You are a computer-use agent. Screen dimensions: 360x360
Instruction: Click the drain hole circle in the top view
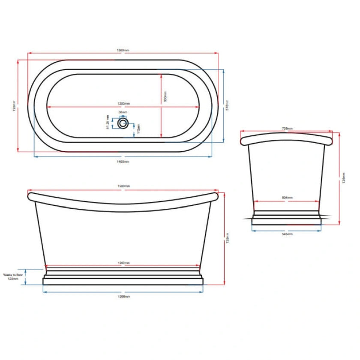[x=123, y=123]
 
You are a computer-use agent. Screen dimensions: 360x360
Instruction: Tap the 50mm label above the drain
[x=123, y=112]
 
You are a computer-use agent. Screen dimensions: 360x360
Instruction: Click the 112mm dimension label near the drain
[x=138, y=126]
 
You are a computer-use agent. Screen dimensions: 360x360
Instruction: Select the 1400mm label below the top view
[x=123, y=161]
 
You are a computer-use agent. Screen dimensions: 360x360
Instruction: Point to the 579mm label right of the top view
[x=228, y=105]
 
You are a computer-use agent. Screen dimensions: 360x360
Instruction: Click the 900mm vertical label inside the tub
[x=165, y=97]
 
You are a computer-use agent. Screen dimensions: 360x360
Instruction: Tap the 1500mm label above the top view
[x=123, y=50]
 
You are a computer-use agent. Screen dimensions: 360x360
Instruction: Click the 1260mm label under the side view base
[x=123, y=296]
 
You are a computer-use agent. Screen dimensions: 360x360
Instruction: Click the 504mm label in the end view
[x=287, y=198]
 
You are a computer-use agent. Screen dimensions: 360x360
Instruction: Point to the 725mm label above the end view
[x=287, y=128]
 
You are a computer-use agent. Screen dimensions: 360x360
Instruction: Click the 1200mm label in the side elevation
[x=123, y=263]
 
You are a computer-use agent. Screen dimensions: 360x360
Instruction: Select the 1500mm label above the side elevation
[x=123, y=186]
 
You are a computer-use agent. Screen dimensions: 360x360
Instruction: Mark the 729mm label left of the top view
[x=14, y=105]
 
